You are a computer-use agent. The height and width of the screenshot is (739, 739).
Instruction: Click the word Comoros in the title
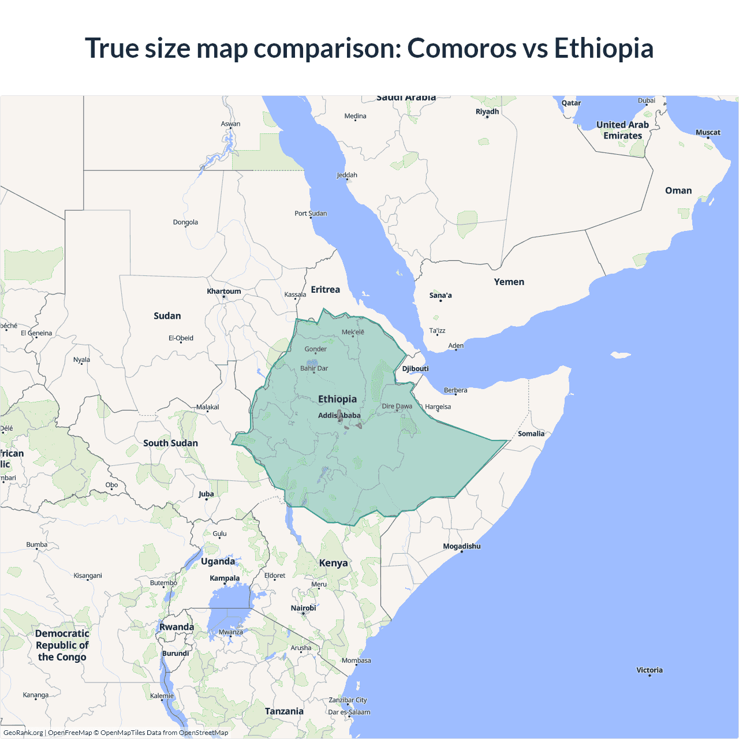click(x=461, y=48)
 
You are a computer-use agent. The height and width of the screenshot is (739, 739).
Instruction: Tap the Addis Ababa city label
click(x=339, y=416)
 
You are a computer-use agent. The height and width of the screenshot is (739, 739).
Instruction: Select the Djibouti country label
click(x=415, y=369)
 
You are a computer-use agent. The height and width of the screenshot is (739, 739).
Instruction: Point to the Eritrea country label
click(x=325, y=290)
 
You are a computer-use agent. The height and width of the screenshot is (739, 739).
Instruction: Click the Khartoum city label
click(x=224, y=292)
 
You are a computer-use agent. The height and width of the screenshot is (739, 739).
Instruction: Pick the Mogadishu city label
click(x=461, y=546)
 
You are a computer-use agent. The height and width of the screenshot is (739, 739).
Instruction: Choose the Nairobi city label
click(x=303, y=608)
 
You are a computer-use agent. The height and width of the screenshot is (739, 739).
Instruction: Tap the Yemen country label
click(x=509, y=282)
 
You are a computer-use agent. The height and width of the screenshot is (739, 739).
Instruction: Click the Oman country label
click(x=678, y=191)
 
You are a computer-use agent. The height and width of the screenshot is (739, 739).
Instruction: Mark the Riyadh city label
click(x=487, y=111)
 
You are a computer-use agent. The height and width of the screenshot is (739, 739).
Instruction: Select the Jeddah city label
click(x=347, y=175)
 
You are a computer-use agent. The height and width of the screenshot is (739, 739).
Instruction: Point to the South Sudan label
click(x=170, y=443)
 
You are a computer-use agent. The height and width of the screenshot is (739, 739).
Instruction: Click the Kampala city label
click(x=225, y=578)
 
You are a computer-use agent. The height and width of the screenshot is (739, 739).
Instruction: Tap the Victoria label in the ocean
click(x=650, y=670)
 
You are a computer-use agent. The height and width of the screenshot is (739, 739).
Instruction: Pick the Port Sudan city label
click(x=311, y=214)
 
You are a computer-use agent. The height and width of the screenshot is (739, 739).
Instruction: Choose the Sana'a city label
click(x=441, y=296)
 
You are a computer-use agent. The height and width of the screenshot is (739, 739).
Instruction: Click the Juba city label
click(x=206, y=494)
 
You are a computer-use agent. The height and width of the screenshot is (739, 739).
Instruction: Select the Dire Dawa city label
click(x=397, y=406)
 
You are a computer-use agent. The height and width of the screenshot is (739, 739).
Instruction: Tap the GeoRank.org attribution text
click(x=23, y=733)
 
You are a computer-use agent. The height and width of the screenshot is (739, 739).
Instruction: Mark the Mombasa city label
click(x=356, y=660)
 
